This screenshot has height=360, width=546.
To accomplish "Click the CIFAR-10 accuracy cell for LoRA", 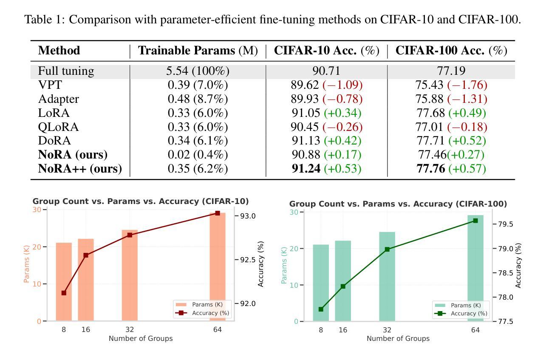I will coord(326,113).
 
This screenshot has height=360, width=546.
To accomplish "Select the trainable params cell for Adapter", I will coord(198,99).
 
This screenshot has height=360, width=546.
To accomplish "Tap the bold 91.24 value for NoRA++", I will coord(306,169).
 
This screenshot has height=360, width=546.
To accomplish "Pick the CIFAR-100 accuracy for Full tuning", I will coord(451,71).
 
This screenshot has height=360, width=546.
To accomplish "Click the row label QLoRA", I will coord(59,127).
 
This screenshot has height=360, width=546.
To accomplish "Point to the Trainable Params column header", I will coord(198,51).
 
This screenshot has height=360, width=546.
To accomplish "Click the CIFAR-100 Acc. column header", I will coord(451,51).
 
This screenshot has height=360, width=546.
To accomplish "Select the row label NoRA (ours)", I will coord(73,154).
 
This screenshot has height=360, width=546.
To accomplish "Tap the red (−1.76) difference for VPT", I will coord(467,85).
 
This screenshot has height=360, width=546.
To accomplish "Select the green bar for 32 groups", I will coord(387,276).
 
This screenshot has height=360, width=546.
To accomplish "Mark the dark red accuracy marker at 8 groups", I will coord(64,293).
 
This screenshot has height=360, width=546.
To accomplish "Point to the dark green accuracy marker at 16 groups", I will coord(343,286).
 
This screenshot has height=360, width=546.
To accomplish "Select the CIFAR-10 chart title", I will coord(141,201).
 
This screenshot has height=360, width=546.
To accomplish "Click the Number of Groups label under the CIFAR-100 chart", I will coord(398,339).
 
